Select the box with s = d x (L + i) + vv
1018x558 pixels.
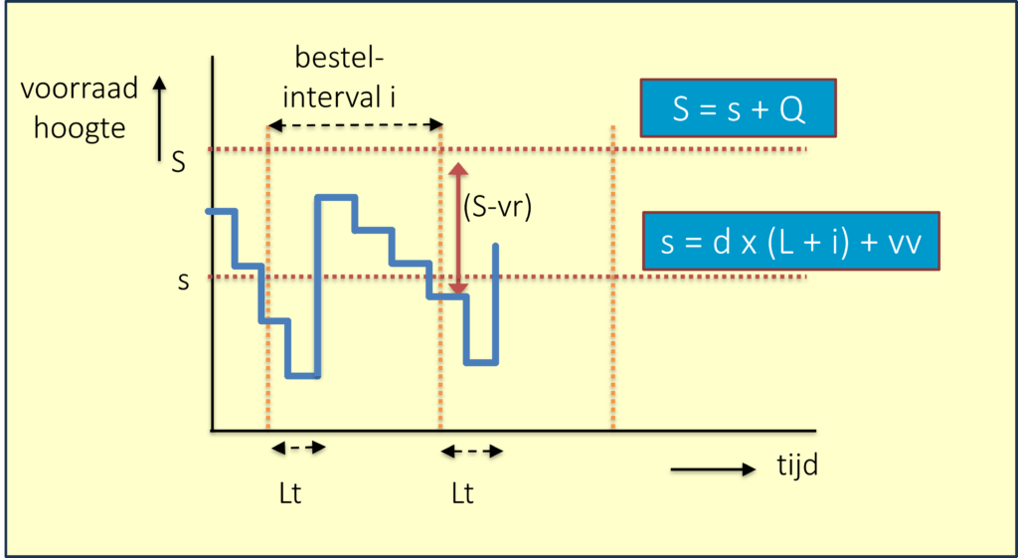[x=790, y=242]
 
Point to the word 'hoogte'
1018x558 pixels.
[x=80, y=127]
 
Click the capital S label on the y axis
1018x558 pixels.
[x=178, y=162]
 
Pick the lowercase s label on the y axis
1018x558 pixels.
[x=183, y=281]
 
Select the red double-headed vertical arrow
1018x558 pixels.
[x=457, y=229]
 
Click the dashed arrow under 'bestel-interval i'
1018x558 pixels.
[x=355, y=126]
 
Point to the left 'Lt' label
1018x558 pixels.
[x=290, y=492]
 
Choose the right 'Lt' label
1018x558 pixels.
[x=462, y=492]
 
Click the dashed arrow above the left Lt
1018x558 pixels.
[x=298, y=448]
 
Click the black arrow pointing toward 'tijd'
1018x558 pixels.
[x=713, y=468]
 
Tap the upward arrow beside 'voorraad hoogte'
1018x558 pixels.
[x=158, y=119]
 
